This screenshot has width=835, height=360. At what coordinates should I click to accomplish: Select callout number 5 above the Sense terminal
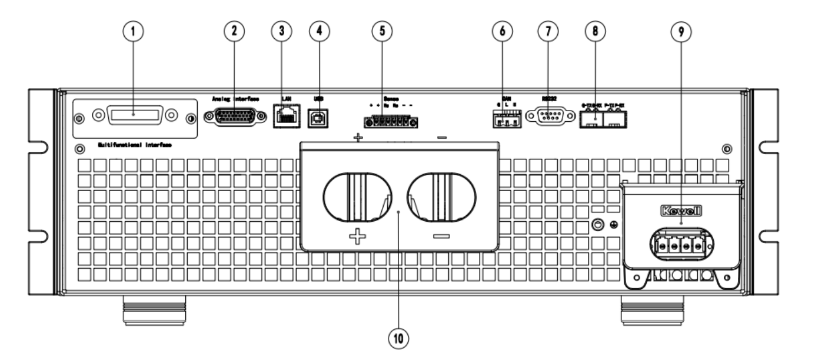pos(382,32)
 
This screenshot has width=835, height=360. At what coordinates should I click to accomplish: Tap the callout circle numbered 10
pos(398,339)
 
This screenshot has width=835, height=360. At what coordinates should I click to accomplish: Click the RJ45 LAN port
pos(286,115)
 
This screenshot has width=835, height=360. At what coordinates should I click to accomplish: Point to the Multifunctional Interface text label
pos(135,145)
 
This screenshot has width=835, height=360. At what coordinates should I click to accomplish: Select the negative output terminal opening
pos(442,197)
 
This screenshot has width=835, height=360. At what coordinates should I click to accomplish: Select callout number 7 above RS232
pos(548,32)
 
